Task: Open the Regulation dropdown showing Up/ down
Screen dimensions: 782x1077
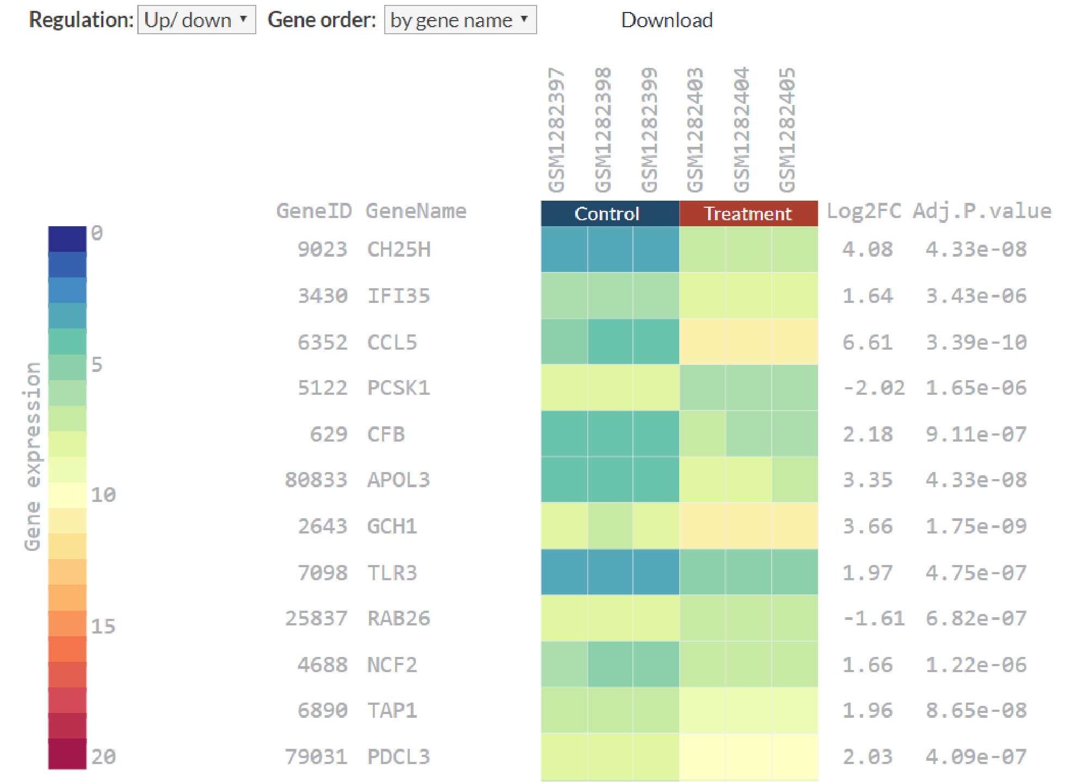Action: pyautogui.click(x=196, y=20)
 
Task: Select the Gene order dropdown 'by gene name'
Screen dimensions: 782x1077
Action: pyautogui.click(x=460, y=20)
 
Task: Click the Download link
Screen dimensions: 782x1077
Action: pyautogui.click(x=667, y=20)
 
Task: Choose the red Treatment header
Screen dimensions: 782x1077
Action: pyautogui.click(x=748, y=214)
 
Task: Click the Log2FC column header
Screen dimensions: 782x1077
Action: pyautogui.click(x=864, y=211)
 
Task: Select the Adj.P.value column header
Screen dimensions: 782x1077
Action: pyautogui.click(x=982, y=211)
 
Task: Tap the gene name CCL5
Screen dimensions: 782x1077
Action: pyautogui.click(x=392, y=342)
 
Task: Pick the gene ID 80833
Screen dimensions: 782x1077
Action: pyautogui.click(x=316, y=480)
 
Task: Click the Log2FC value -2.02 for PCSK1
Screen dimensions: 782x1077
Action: pyautogui.click(x=873, y=388)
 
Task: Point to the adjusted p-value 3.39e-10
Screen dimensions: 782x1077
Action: pyautogui.click(x=976, y=342)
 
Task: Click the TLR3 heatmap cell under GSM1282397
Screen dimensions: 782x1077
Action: pyautogui.click(x=564, y=572)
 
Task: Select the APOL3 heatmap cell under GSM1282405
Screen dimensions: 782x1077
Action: pyautogui.click(x=795, y=480)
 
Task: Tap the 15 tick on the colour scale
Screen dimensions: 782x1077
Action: pyautogui.click(x=103, y=626)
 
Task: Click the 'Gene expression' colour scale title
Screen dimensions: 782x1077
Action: pyautogui.click(x=33, y=457)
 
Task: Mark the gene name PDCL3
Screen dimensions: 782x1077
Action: pyautogui.click(x=398, y=756)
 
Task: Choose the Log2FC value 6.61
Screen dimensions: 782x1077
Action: pyautogui.click(x=867, y=342)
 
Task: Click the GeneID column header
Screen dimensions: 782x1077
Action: pyautogui.click(x=314, y=211)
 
